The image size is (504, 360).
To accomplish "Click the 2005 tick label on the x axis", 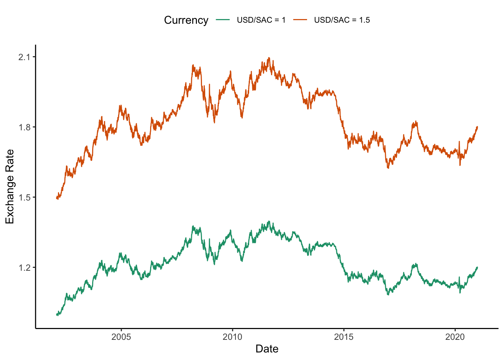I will pos(121,337).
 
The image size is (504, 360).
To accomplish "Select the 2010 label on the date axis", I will pos(233,337).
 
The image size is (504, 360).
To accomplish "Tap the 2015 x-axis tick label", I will pos(344,337).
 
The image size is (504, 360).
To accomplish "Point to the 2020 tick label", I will pos(455,337).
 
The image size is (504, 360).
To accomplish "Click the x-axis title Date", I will pos(267,349).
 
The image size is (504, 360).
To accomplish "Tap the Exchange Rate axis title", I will pos(10,186).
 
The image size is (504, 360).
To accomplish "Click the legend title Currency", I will pos(186,20).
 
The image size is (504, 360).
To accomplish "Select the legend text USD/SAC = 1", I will pos(261,20).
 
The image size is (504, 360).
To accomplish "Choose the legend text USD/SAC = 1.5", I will pos(342,20).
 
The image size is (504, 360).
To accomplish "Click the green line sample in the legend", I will pos(223,20).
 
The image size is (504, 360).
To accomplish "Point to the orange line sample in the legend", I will pos(300,20).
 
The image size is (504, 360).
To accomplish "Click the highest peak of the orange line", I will pos(269,58).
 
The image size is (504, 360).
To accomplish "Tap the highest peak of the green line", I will pos(269,221).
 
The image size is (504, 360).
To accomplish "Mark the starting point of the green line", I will pos(57,315).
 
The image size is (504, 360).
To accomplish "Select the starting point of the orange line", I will pos(57,198).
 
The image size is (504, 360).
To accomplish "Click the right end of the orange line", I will pos(477,127).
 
